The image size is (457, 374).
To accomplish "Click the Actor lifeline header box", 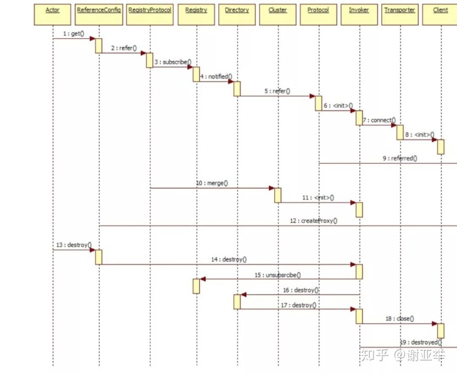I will point(53,11).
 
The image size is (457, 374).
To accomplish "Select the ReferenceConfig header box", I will point(98,11).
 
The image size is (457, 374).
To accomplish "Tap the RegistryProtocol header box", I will point(150,11).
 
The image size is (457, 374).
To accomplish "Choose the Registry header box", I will point(196,11).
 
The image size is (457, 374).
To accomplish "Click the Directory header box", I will point(237,11).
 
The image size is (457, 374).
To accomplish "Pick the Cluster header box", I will point(277,11).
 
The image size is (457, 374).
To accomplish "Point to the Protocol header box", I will point(318,11).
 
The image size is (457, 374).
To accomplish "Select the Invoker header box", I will point(359,11).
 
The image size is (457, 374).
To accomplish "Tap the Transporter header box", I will point(400,11).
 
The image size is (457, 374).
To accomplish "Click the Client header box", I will point(440,11).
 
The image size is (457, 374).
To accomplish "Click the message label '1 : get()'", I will point(74,33).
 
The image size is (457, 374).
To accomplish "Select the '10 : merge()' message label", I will point(211,183).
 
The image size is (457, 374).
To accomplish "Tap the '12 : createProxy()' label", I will point(313,221).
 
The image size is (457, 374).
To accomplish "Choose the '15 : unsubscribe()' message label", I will point(277,275).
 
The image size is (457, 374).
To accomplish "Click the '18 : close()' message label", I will point(399,318).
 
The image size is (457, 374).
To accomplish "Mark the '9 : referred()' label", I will point(399,158).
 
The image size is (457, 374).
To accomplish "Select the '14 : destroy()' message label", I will point(228,260).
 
